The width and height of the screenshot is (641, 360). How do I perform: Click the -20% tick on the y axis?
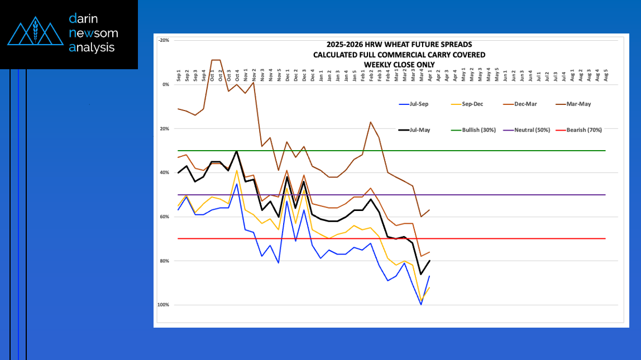point(164,40)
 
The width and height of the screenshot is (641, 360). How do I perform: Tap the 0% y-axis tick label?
point(165,85)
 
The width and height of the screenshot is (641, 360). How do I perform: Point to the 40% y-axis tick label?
point(164,173)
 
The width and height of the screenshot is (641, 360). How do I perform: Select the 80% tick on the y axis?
point(164,261)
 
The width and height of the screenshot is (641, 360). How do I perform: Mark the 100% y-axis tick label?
point(164,305)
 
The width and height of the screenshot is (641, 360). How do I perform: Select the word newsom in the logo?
point(93,33)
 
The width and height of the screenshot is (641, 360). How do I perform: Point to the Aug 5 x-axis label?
point(606,76)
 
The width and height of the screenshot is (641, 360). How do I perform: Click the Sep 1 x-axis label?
point(179,76)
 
